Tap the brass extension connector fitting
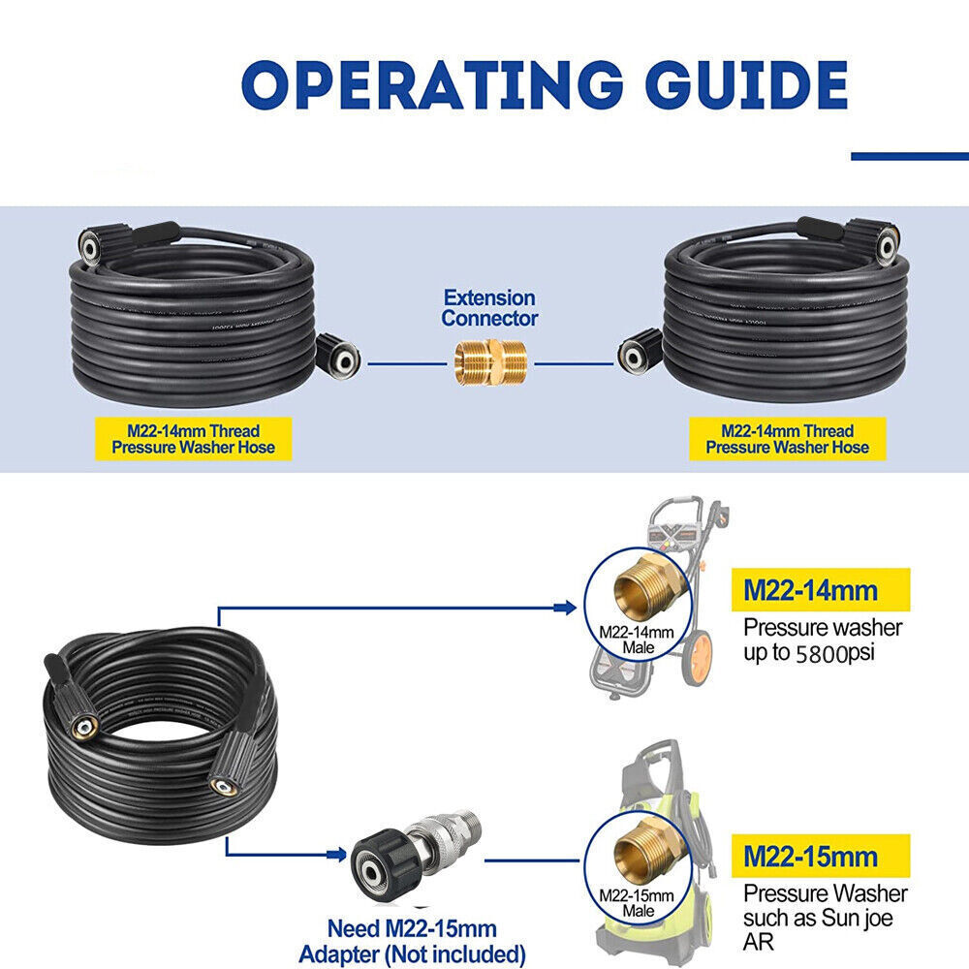coord(490,363)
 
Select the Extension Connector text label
coord(489,307)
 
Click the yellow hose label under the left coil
coord(193,438)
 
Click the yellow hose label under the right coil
coord(787,438)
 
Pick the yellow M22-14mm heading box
coord(821,589)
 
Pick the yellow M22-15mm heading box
coord(821,856)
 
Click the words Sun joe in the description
coord(861,917)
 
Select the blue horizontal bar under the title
coord(909,156)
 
